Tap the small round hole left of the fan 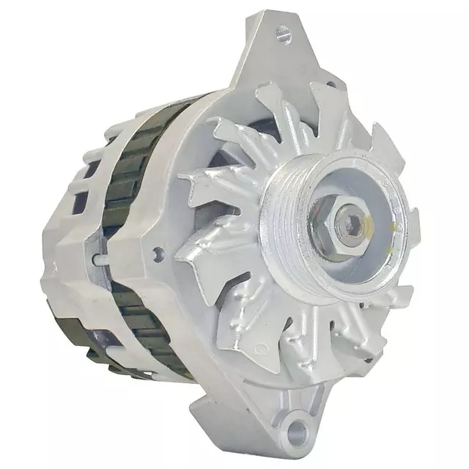[155, 254]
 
